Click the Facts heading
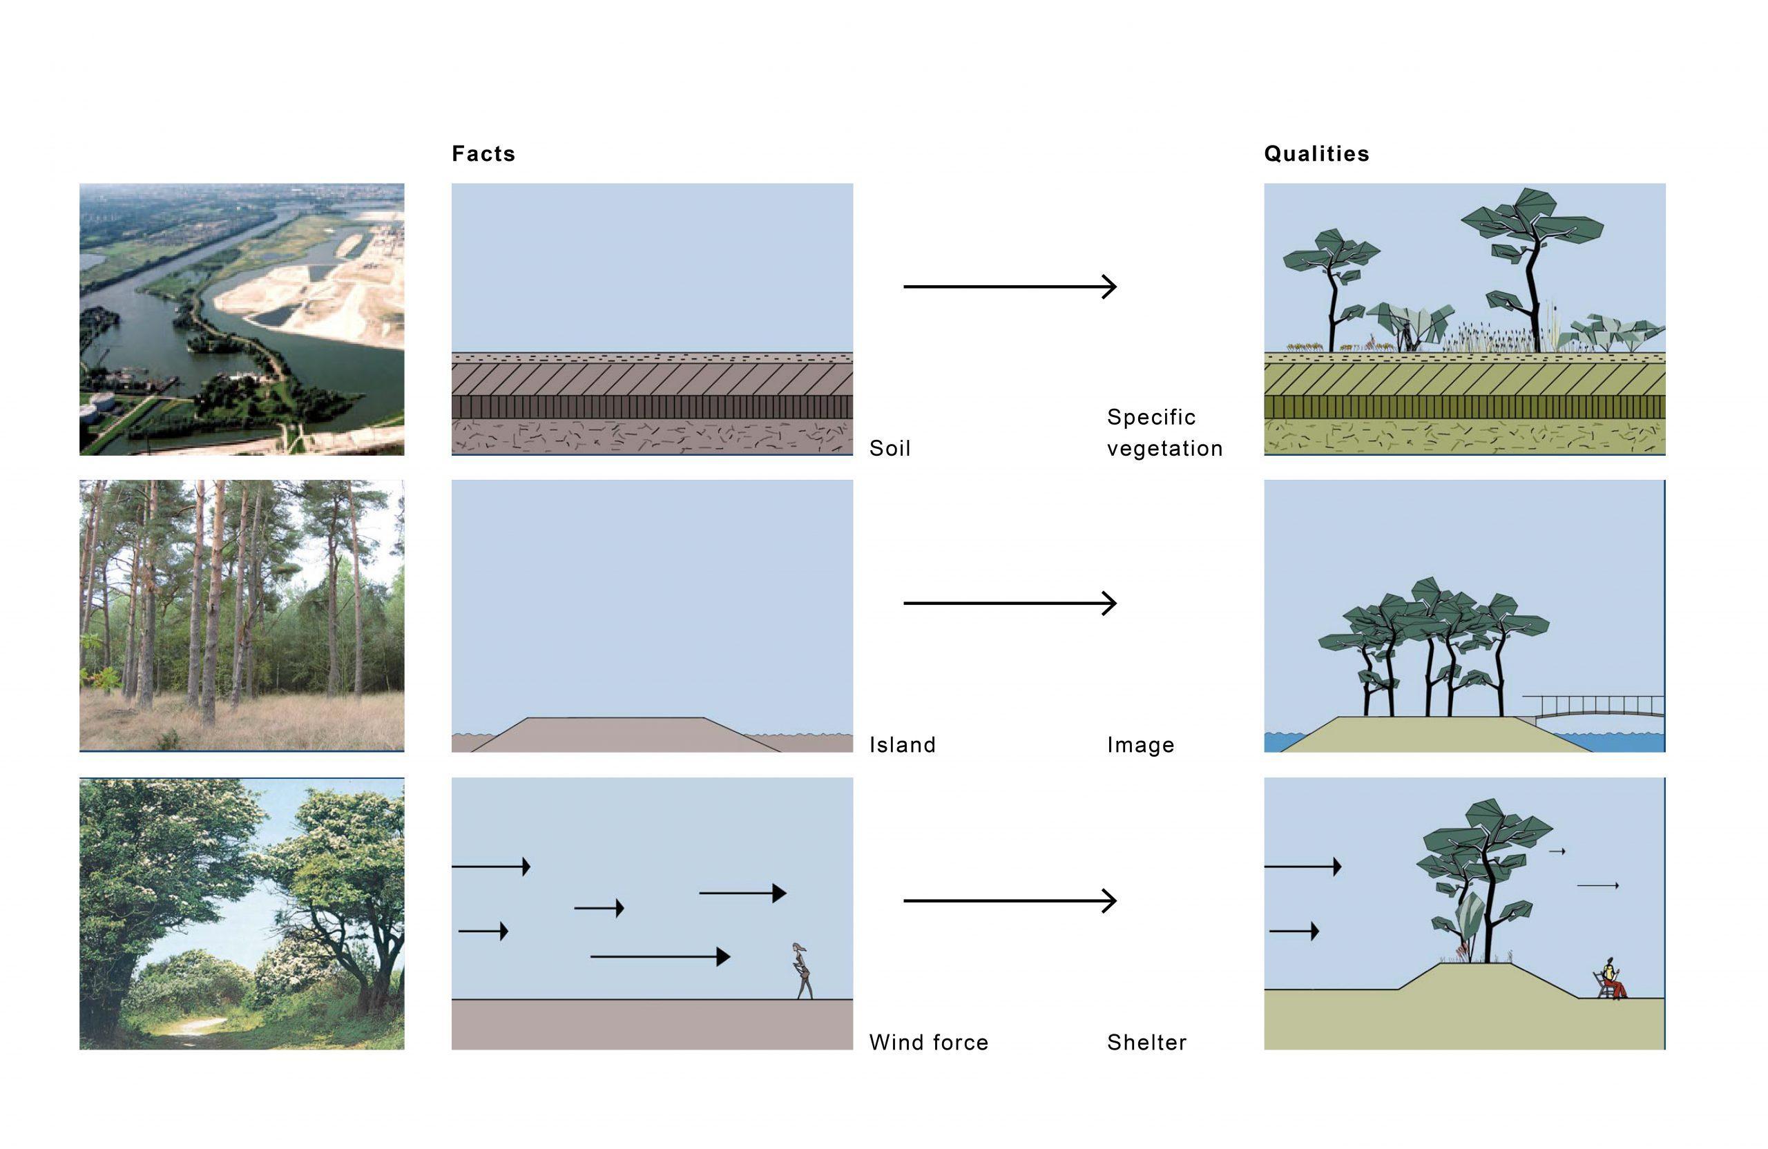[x=483, y=154]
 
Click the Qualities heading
[x=1316, y=154]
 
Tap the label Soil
[x=890, y=448]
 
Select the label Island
[x=902, y=744]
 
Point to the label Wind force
[x=929, y=1042]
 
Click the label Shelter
[x=1146, y=1042]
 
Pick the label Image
[x=1140, y=744]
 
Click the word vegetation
[x=1164, y=448]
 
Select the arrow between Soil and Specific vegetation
[x=1010, y=286]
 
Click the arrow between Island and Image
[x=1010, y=602]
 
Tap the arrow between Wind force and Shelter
[x=1010, y=900]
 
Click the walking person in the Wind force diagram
[x=803, y=971]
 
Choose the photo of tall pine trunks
[x=242, y=615]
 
